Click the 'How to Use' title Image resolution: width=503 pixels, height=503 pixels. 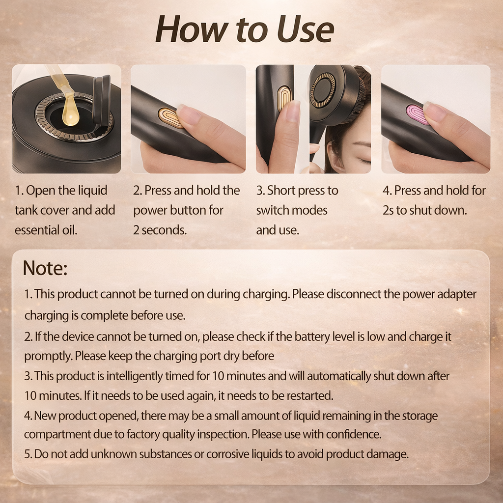click(x=245, y=29)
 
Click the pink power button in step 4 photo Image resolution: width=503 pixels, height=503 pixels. click(x=417, y=114)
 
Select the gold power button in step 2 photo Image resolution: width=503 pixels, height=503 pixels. click(x=170, y=117)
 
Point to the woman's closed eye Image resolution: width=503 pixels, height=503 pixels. click(x=362, y=160)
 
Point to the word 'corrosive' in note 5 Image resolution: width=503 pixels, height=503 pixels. click(x=229, y=454)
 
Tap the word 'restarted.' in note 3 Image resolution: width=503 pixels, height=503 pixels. click(x=309, y=395)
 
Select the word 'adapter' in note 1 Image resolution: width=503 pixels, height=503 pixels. click(x=457, y=294)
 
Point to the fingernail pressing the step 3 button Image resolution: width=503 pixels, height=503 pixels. click(x=293, y=112)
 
